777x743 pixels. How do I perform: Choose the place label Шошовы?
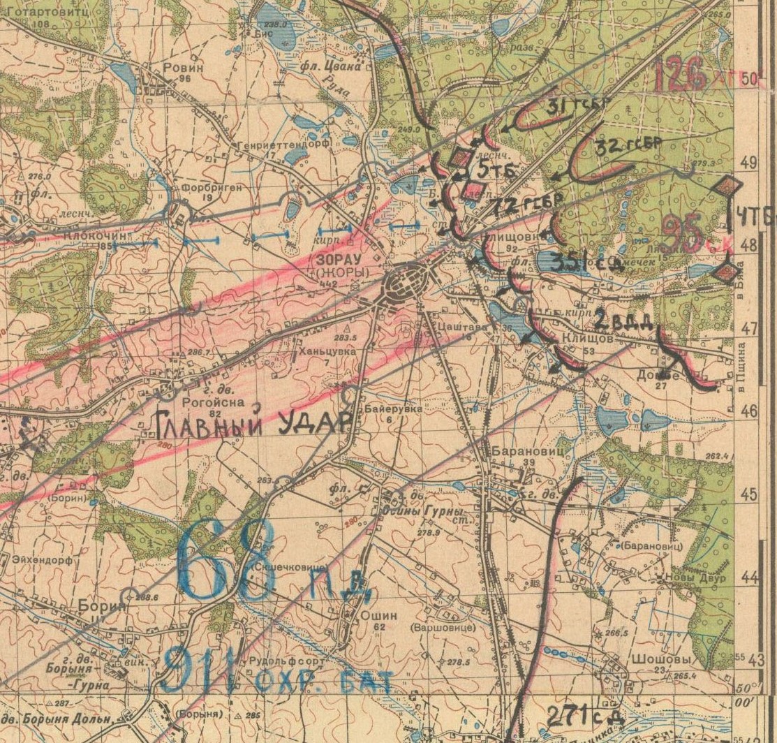tap(669, 659)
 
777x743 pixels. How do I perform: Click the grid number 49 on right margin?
tap(749, 163)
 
